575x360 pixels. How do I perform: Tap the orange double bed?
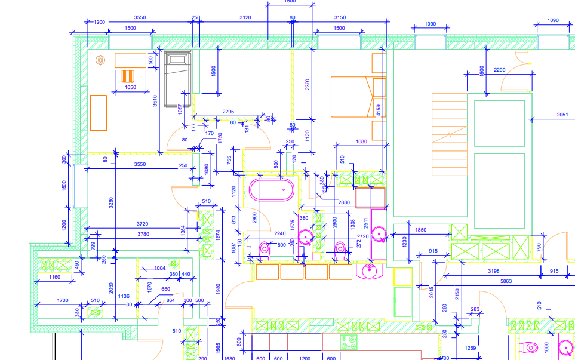click(352, 96)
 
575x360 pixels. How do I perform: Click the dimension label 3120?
click(245, 17)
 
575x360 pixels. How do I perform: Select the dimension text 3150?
click(340, 17)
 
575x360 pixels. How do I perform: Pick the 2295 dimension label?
click(227, 112)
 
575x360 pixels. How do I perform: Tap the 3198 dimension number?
click(493, 272)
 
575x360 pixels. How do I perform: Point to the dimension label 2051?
click(562, 115)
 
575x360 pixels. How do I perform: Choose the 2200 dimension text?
click(499, 70)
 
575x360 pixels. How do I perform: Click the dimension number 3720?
click(142, 224)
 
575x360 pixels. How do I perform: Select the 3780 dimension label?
click(143, 234)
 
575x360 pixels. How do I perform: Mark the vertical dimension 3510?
click(155, 101)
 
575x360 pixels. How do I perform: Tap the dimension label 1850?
click(421, 230)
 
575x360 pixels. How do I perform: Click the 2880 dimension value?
click(344, 202)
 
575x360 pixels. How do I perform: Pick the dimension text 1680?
click(361, 141)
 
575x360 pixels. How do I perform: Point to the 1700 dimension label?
click(63, 300)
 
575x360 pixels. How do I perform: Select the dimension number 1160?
click(54, 277)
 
